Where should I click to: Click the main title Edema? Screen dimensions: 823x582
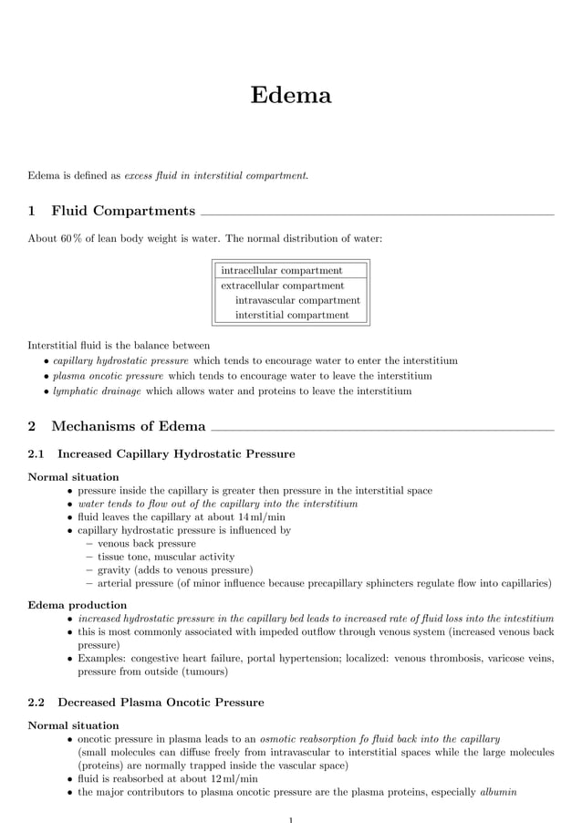tap(291, 95)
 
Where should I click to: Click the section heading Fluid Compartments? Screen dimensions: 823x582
tap(122, 212)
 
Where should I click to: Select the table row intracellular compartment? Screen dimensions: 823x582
tap(282, 270)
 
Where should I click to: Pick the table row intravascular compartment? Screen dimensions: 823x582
tap(297, 300)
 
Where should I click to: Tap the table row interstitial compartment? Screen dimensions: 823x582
tap(292, 315)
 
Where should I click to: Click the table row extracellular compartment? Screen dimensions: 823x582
tap(283, 286)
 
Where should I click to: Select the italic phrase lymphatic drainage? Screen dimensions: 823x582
tap(98, 391)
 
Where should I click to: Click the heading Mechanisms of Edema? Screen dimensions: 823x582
tap(128, 426)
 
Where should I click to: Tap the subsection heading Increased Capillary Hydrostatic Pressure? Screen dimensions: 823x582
tap(176, 453)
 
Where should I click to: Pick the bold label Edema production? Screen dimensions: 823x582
tap(78, 605)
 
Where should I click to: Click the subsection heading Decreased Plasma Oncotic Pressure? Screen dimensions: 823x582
tap(161, 703)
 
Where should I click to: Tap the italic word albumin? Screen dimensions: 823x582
tap(498, 793)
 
